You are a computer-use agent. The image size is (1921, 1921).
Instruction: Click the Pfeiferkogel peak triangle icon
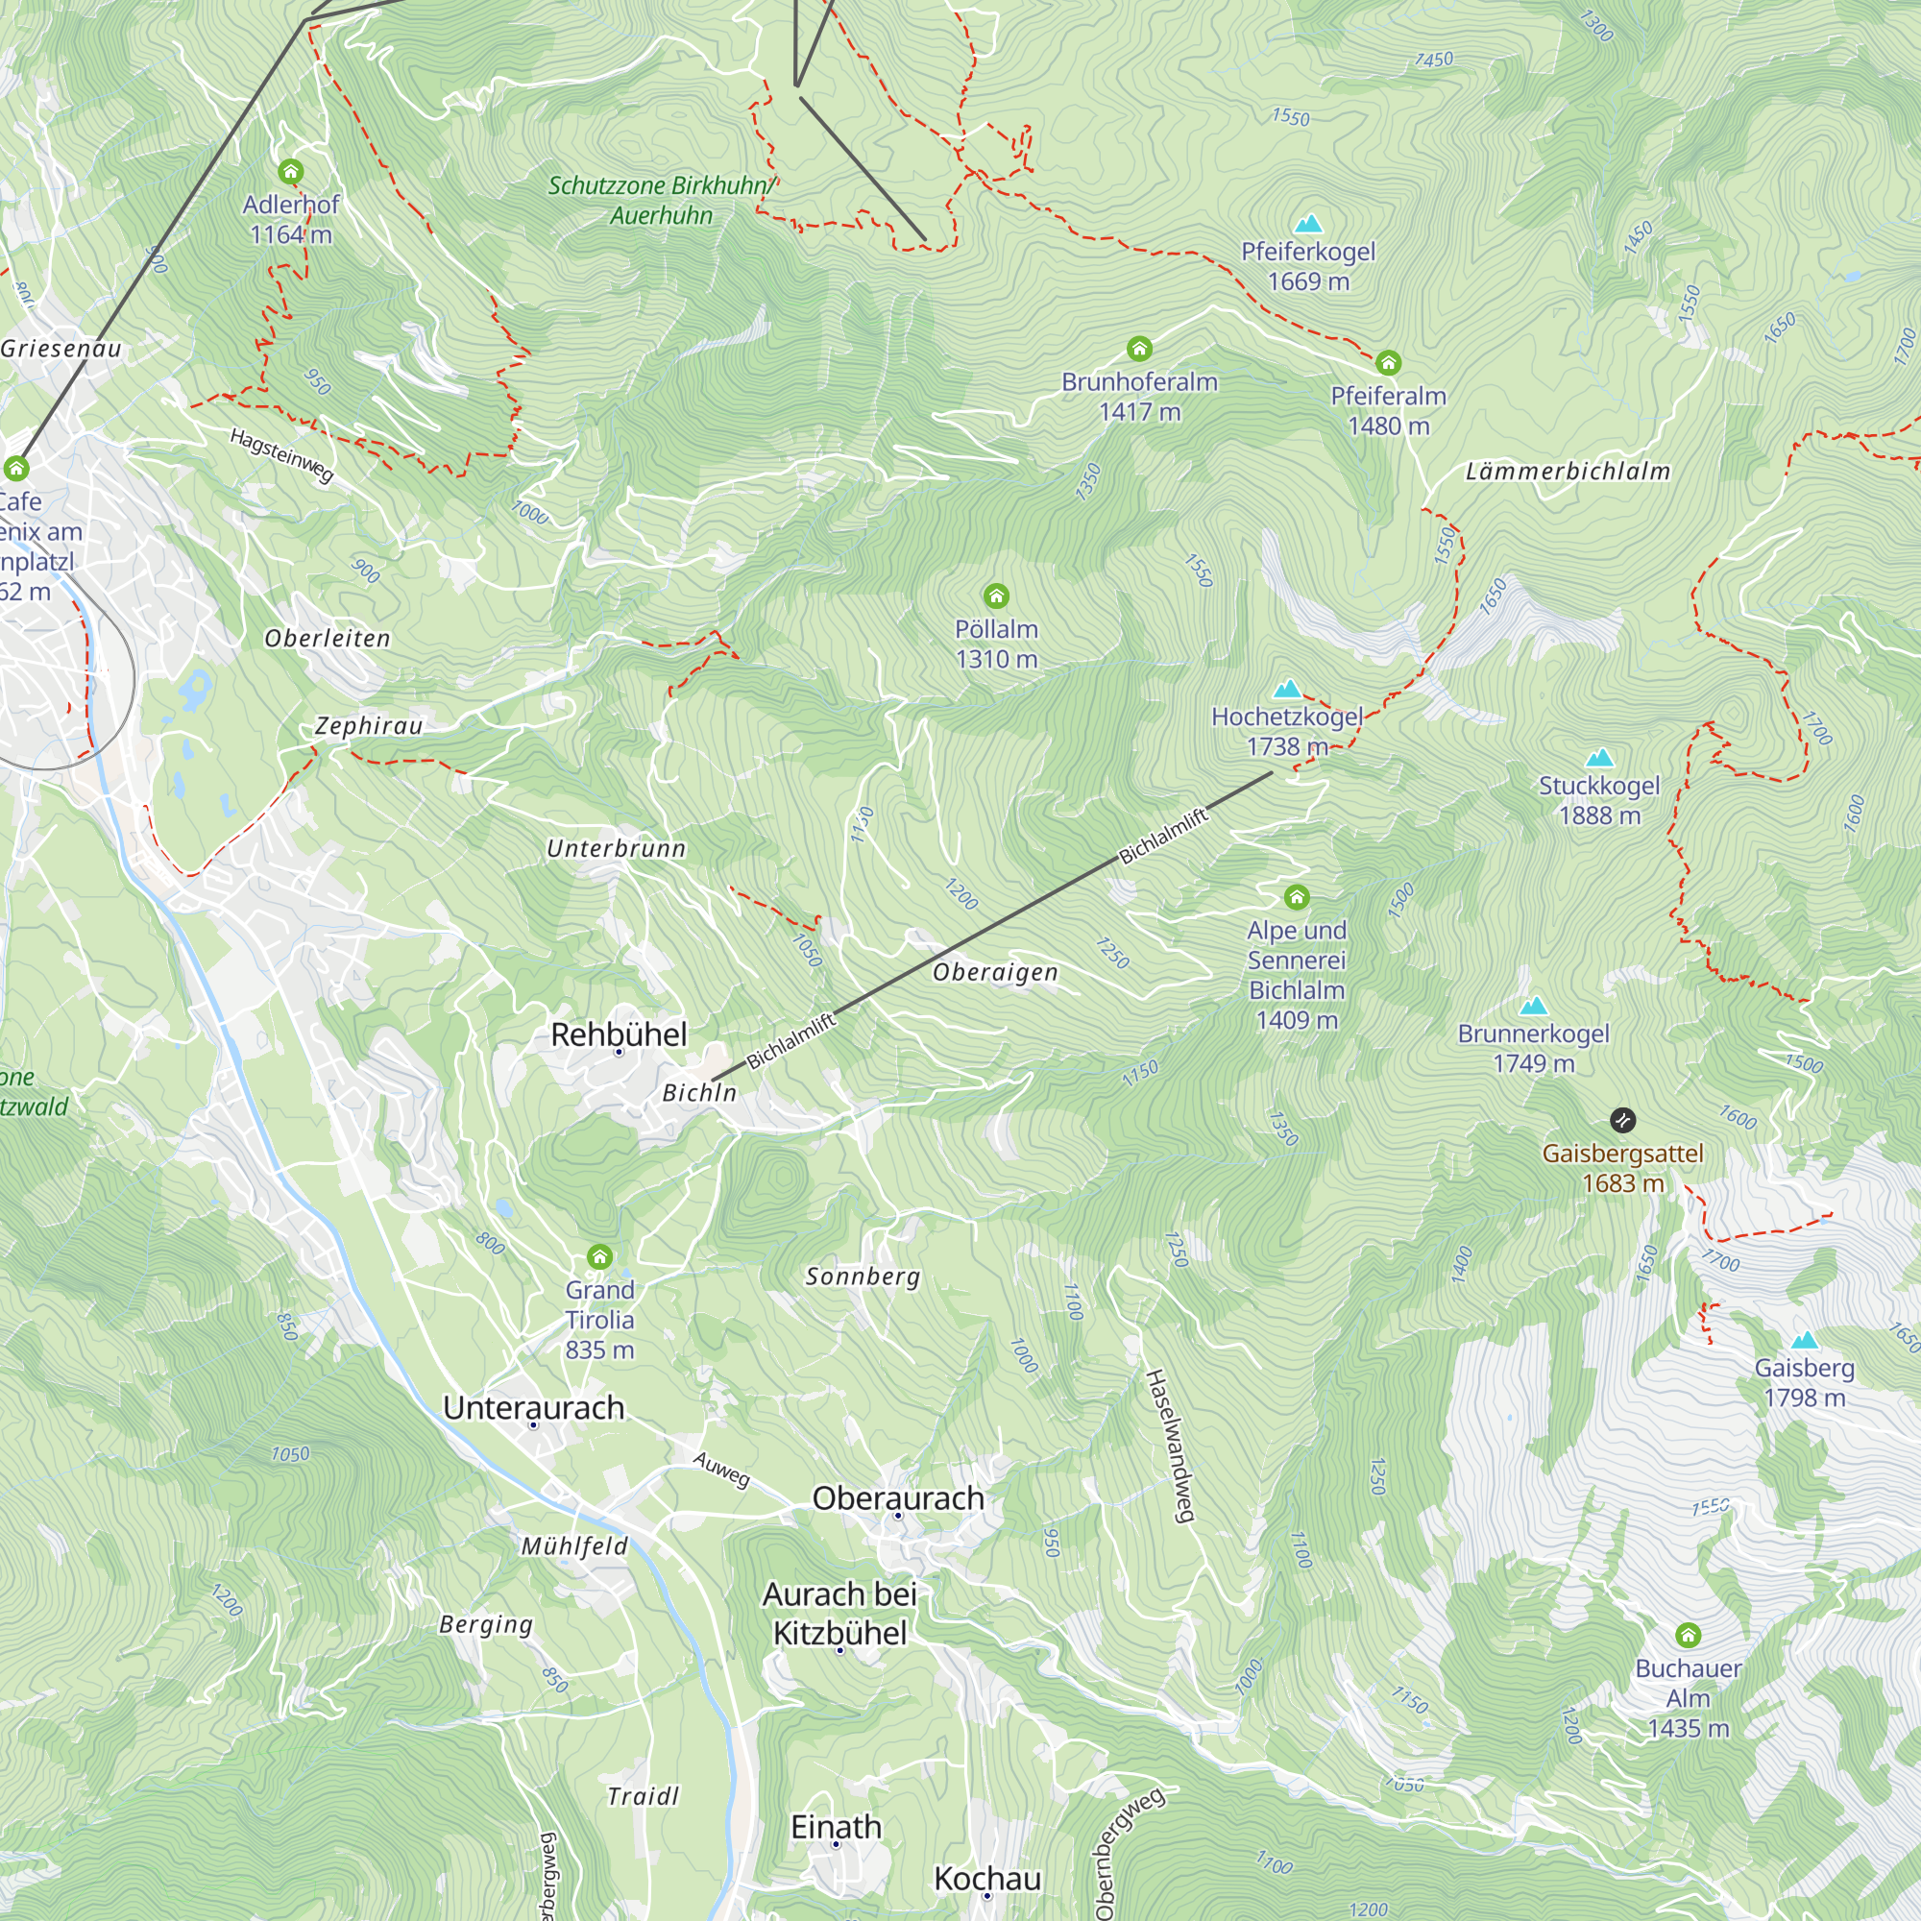coord(1308,224)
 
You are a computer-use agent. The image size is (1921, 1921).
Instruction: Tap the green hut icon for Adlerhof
coord(290,172)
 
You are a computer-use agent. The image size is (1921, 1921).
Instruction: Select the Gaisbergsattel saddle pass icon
coord(1621,1121)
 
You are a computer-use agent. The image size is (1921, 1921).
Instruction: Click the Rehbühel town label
coord(619,1034)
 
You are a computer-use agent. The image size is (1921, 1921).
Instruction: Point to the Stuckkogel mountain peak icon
coord(1599,758)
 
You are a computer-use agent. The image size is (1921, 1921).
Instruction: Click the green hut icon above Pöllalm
coord(996,596)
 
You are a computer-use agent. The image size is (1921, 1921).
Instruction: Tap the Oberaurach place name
coord(898,1497)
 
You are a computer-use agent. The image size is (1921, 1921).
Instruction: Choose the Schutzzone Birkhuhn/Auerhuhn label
coord(661,200)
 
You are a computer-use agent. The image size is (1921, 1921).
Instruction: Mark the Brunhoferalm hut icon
coord(1139,349)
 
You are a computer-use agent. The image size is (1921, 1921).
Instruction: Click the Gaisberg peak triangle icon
coord(1804,1340)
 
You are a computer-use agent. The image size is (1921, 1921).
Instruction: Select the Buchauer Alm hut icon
coord(1688,1636)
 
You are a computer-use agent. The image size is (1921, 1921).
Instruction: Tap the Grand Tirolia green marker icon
coord(599,1256)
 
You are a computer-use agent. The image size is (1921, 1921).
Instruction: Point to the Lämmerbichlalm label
coord(1568,472)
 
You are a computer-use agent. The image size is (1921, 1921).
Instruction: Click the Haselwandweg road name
coord(1169,1446)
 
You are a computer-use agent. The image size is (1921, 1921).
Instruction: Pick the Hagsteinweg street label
coord(281,455)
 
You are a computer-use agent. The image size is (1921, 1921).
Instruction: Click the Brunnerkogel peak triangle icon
coord(1533,1006)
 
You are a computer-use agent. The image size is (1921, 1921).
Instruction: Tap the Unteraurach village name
coord(533,1408)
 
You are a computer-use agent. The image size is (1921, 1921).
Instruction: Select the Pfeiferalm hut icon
coord(1388,363)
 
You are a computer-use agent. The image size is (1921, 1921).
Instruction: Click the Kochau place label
coord(987,1878)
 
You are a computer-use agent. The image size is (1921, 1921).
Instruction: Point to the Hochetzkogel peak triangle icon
coord(1288,688)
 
